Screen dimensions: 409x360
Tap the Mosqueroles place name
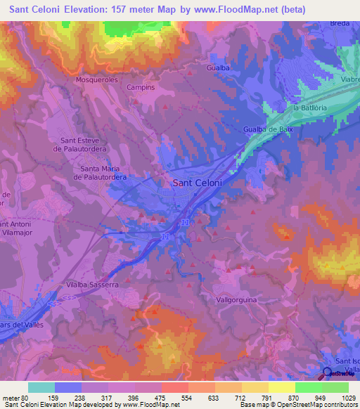(97, 80)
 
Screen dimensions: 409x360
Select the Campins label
(141, 88)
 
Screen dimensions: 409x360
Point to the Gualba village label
(219, 67)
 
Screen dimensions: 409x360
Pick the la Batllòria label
(311, 108)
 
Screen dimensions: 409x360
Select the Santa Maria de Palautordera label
(104, 173)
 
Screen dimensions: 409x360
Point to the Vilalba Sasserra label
(91, 285)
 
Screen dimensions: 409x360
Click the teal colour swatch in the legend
(41, 387)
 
